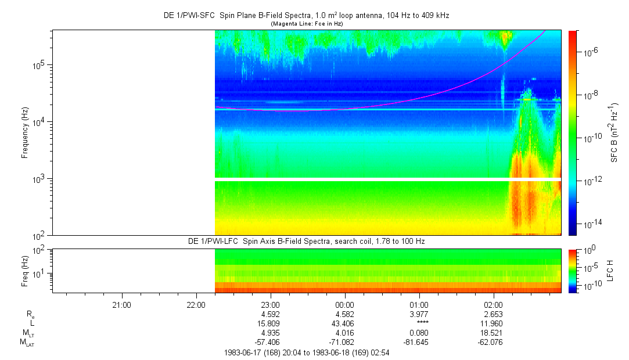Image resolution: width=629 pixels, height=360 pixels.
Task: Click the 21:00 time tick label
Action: (121, 304)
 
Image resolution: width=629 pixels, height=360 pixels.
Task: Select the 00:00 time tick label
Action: (345, 304)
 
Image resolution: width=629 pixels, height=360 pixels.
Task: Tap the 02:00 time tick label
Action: (494, 304)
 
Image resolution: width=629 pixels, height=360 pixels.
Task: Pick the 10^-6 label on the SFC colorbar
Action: (591, 53)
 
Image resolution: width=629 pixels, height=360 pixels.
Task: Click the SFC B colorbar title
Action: (614, 133)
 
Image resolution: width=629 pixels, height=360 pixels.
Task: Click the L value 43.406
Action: (345, 323)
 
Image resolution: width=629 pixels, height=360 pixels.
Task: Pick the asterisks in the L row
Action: (419, 323)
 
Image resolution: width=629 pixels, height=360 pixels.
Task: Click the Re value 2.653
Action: (494, 314)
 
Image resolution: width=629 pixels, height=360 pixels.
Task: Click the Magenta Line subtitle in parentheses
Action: (307, 24)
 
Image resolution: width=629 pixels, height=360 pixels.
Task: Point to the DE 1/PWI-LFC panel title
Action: (307, 241)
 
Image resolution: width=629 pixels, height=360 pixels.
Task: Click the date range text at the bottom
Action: (307, 352)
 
